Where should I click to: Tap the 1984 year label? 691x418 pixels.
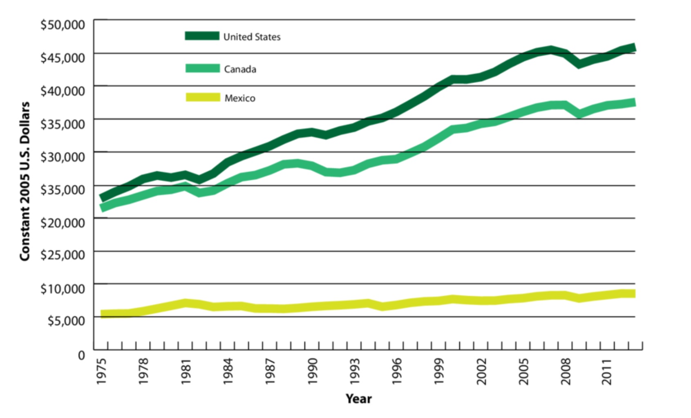coord(228,371)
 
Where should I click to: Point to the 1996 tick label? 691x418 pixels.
coord(397,371)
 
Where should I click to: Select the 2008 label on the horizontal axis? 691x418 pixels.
coord(566,371)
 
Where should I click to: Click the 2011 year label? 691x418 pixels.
coord(608,371)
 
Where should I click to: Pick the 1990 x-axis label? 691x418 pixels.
coord(313,371)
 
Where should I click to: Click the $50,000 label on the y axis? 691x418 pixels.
coord(63,25)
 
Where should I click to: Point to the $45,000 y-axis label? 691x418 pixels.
coord(63,58)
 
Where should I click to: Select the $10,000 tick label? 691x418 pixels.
coord(63,288)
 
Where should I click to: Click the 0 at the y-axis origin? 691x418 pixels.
coord(82,355)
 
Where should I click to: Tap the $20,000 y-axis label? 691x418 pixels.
coord(63,223)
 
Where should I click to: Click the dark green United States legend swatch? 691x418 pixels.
coord(202,36)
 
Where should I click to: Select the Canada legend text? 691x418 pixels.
coord(240,69)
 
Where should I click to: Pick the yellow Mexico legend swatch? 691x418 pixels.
coord(203,97)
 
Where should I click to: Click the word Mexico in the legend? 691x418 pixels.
coord(240,98)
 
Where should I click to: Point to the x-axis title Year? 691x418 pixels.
coord(358,399)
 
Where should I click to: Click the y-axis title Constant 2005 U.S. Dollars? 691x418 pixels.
coord(25,181)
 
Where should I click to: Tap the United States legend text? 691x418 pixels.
coord(252,37)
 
